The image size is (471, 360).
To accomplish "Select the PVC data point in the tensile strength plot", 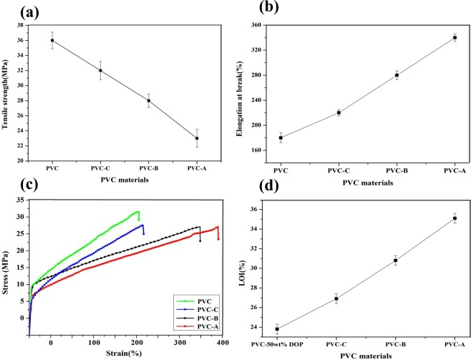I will [52, 40].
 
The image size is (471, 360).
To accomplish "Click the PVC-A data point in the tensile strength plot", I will [197, 138].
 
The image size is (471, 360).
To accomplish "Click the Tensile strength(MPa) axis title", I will [9, 92].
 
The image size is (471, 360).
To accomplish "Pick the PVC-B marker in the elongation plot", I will [397, 75].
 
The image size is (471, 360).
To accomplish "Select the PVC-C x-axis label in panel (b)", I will [339, 171].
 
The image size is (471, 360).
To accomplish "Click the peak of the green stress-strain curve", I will [137, 211].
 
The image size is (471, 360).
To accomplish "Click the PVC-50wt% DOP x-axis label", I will [277, 345].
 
